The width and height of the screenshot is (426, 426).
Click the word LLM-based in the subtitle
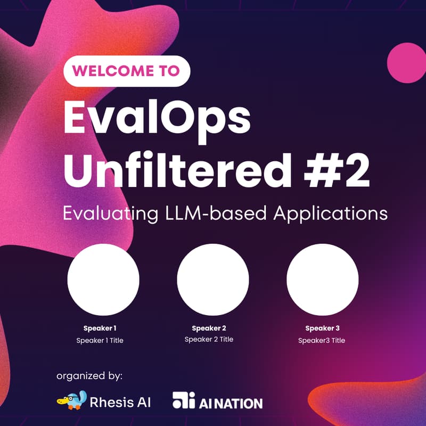[214, 213]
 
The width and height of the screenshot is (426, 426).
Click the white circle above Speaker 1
[103, 280]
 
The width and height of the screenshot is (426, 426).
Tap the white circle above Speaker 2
[213, 280]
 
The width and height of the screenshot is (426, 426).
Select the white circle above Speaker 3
[323, 280]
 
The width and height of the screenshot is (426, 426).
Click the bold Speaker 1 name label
[100, 328]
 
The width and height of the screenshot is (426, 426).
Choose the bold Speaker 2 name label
[209, 328]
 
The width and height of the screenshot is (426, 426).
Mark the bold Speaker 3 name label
[322, 328]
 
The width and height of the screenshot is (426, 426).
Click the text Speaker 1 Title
[100, 340]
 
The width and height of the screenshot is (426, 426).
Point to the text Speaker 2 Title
[209, 339]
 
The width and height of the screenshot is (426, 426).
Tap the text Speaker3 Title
[322, 340]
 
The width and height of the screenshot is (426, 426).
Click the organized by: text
[89, 376]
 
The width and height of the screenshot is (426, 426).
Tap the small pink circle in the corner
[406, 62]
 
